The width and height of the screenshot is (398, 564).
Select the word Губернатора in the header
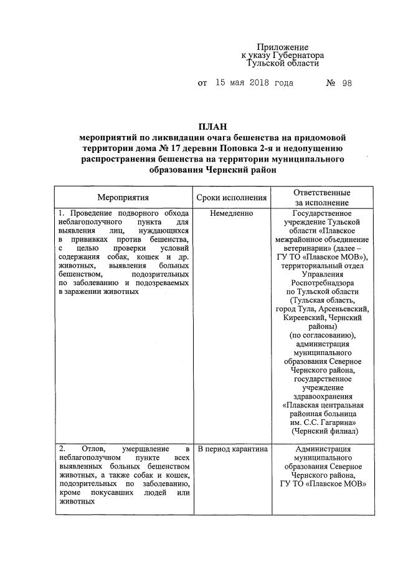click(x=296, y=56)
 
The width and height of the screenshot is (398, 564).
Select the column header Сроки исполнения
click(x=232, y=198)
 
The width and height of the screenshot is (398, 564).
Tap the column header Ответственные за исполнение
click(x=321, y=198)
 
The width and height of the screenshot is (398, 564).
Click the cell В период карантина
click(x=232, y=449)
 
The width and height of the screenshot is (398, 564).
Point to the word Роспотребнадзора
click(x=322, y=282)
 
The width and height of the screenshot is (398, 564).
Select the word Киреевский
click(x=295, y=317)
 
